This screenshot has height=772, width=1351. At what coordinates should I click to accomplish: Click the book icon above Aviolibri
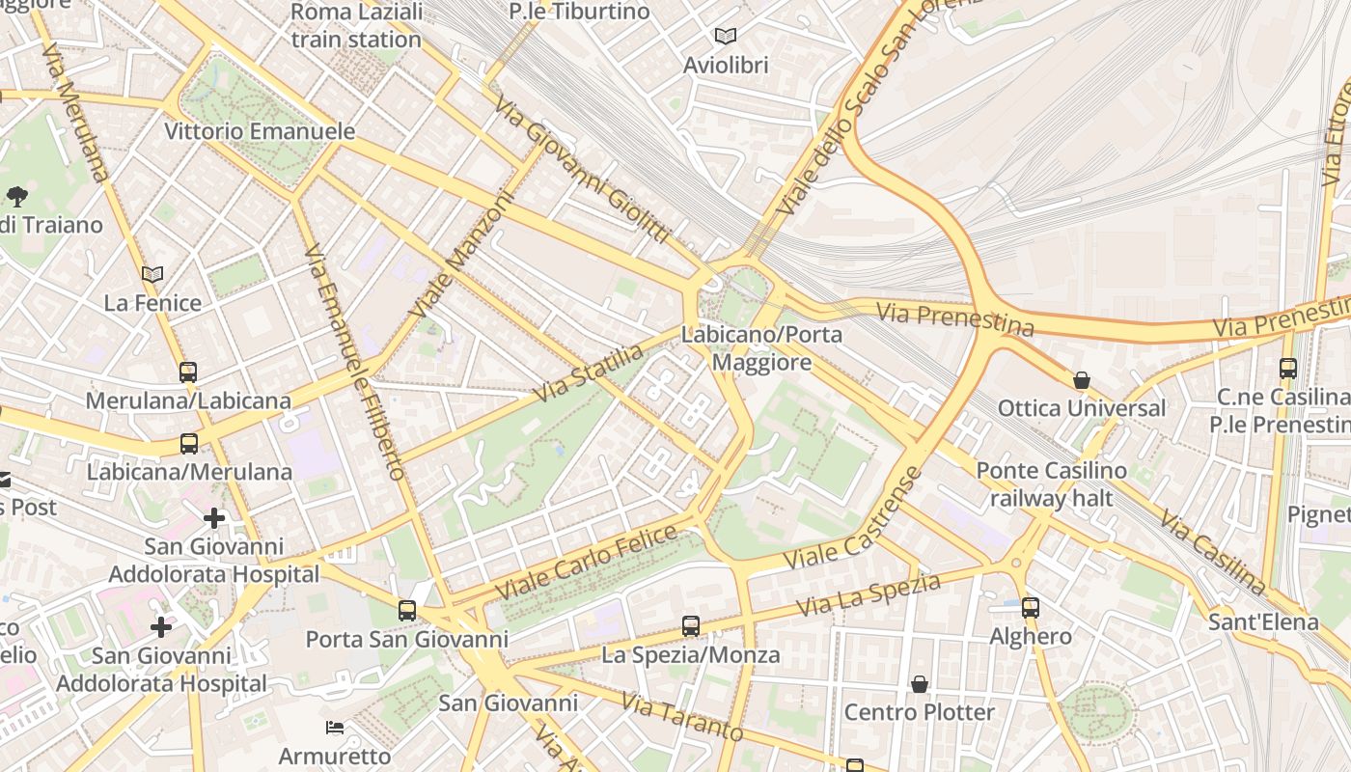[726, 37]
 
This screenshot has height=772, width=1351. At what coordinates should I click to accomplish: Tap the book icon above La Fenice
[152, 274]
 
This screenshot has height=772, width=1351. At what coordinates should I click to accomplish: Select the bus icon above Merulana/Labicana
[188, 372]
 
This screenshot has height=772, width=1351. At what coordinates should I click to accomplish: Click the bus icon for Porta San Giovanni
[407, 610]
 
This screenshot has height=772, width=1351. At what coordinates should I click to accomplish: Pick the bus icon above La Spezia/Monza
[691, 625]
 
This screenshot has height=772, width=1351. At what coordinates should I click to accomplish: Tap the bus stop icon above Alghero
[1031, 607]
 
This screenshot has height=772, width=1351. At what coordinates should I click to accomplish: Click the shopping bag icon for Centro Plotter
[920, 684]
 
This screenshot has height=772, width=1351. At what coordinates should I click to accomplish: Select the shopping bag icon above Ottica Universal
[1082, 380]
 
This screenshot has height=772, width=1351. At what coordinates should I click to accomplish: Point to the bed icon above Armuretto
[335, 727]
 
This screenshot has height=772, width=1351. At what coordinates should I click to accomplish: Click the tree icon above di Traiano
[16, 197]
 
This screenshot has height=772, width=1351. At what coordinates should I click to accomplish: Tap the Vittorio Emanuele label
[260, 131]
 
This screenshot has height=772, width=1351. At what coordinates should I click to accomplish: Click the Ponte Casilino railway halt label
[1051, 484]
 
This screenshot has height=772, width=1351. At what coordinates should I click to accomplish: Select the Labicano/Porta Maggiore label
[761, 348]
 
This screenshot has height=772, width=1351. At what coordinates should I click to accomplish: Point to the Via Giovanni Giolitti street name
[582, 169]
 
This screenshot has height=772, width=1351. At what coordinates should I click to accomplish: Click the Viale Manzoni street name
[462, 255]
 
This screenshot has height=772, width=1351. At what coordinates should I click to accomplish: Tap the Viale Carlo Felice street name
[586, 563]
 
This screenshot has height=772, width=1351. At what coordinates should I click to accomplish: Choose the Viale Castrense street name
[854, 518]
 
